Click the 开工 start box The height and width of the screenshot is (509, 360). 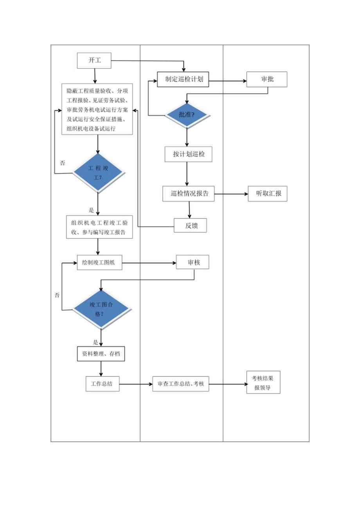click(x=94, y=61)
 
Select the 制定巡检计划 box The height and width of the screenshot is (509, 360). click(x=183, y=80)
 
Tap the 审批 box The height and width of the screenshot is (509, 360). click(x=267, y=79)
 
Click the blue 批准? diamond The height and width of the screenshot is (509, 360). click(x=187, y=115)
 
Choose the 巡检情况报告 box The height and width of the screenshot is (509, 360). click(x=189, y=193)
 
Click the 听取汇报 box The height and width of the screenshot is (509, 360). click(x=267, y=193)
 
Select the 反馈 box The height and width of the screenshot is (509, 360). click(x=190, y=225)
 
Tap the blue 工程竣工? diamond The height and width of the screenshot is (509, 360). click(x=98, y=173)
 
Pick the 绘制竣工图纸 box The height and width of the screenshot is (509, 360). click(x=99, y=263)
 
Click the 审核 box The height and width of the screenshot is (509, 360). click(x=193, y=263)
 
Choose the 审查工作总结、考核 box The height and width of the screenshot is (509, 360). click(x=181, y=384)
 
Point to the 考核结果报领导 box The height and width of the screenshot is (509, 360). click(x=263, y=382)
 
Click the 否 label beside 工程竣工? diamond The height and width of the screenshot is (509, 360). click(x=63, y=162)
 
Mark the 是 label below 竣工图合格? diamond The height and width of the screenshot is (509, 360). click(x=95, y=342)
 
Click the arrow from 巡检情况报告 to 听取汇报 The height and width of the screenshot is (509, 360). click(x=231, y=194)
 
